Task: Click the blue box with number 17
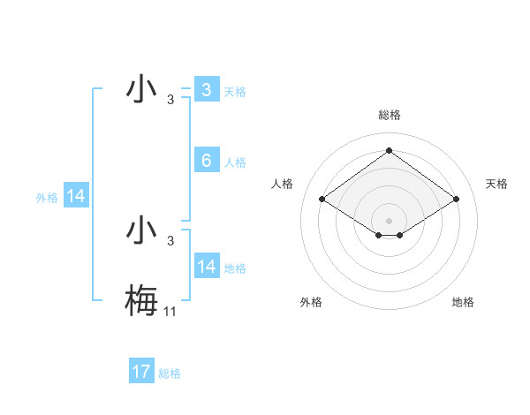pos(141,372)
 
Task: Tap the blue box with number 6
pos(207,161)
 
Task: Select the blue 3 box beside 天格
pos(207,90)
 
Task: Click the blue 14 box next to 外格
pos(76,196)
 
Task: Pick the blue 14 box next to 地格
pos(207,267)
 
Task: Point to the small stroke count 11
pos(170,311)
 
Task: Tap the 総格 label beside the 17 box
pos(170,373)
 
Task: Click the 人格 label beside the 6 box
pos(235,162)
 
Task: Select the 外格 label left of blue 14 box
pos(47,198)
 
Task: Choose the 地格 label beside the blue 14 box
pos(235,268)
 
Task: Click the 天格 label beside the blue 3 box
pos(235,92)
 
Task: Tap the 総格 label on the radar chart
pos(390,115)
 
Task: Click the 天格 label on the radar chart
pos(497,184)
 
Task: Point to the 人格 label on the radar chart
pos(282,184)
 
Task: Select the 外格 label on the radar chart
pos(311,302)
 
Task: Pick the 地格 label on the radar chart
pos(463,302)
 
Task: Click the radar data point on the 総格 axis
pos(389,150)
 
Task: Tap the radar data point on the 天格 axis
pos(456,200)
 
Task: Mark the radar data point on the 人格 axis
pos(322,200)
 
